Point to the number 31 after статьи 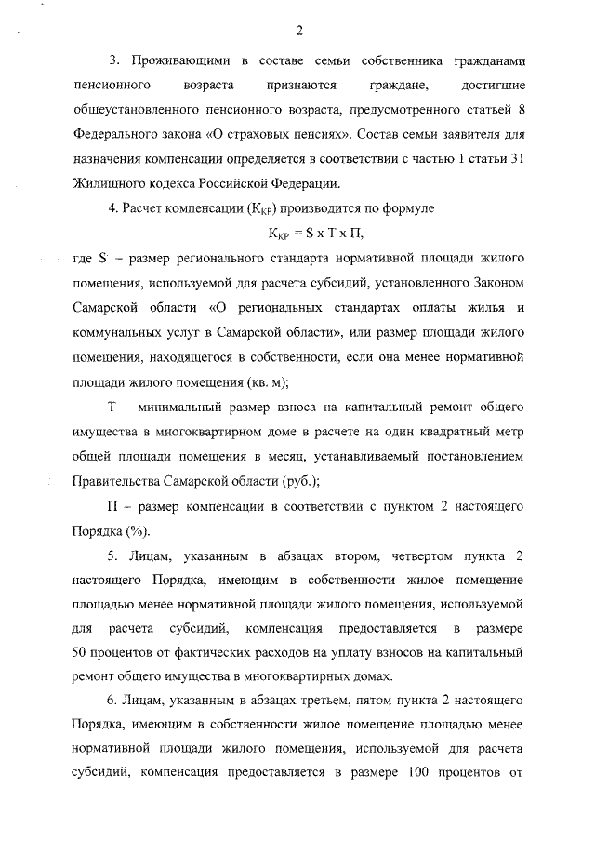(516, 157)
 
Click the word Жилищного (104, 181)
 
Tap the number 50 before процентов (80, 652)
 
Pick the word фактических (212, 652)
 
